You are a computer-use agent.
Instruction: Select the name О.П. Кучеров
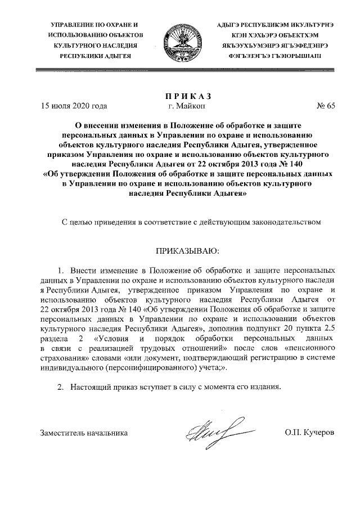pos(310,433)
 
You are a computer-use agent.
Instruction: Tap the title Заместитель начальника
pos(84,433)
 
